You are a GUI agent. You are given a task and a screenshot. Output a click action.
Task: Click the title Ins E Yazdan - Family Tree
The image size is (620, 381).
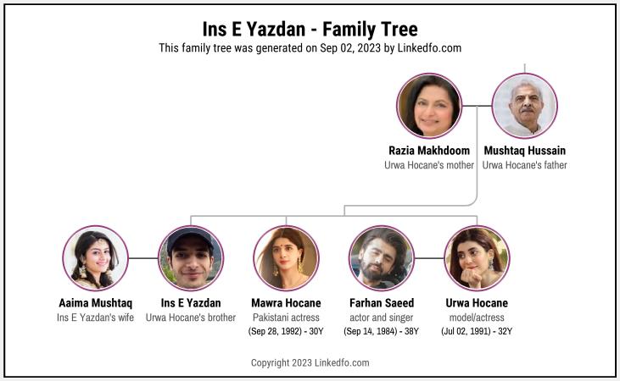click(310, 30)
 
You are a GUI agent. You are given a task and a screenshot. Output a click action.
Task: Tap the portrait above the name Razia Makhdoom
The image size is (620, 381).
click(429, 106)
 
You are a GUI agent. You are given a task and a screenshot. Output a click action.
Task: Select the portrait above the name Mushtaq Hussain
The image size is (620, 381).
click(525, 106)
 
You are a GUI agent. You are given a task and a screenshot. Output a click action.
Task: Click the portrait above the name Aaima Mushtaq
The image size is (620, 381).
click(95, 258)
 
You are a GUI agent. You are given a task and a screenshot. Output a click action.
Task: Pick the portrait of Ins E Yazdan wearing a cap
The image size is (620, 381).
click(191, 258)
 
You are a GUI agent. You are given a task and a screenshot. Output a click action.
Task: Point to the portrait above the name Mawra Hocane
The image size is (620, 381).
click(287, 258)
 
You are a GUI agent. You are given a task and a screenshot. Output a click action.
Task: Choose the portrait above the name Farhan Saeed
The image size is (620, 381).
click(382, 258)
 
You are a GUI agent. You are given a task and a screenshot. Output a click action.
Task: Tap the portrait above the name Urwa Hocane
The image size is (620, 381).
click(477, 258)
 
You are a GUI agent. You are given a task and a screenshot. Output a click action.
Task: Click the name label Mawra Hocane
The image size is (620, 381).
click(287, 303)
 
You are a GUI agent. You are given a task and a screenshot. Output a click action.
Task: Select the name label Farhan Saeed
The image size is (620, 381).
click(382, 303)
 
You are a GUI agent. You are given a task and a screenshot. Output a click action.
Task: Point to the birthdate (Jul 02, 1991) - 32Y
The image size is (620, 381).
click(477, 331)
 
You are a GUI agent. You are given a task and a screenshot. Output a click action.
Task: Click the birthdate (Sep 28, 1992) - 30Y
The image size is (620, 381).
click(287, 331)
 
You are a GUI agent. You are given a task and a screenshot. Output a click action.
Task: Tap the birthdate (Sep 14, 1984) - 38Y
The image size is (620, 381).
click(382, 331)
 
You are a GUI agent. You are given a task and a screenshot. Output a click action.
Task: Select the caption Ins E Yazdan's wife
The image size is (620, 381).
click(95, 317)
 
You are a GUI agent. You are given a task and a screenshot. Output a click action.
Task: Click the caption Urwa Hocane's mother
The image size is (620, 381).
click(429, 165)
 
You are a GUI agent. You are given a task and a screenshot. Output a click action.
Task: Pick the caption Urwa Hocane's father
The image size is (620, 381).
click(525, 165)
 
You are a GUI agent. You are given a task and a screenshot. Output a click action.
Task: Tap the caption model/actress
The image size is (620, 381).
click(477, 317)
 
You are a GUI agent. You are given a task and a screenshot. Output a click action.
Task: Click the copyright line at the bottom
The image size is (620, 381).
click(310, 363)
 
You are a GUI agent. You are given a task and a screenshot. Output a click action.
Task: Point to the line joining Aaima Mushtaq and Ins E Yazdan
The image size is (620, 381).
click(143, 258)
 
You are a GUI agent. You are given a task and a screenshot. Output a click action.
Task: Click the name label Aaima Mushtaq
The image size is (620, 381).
click(95, 303)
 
